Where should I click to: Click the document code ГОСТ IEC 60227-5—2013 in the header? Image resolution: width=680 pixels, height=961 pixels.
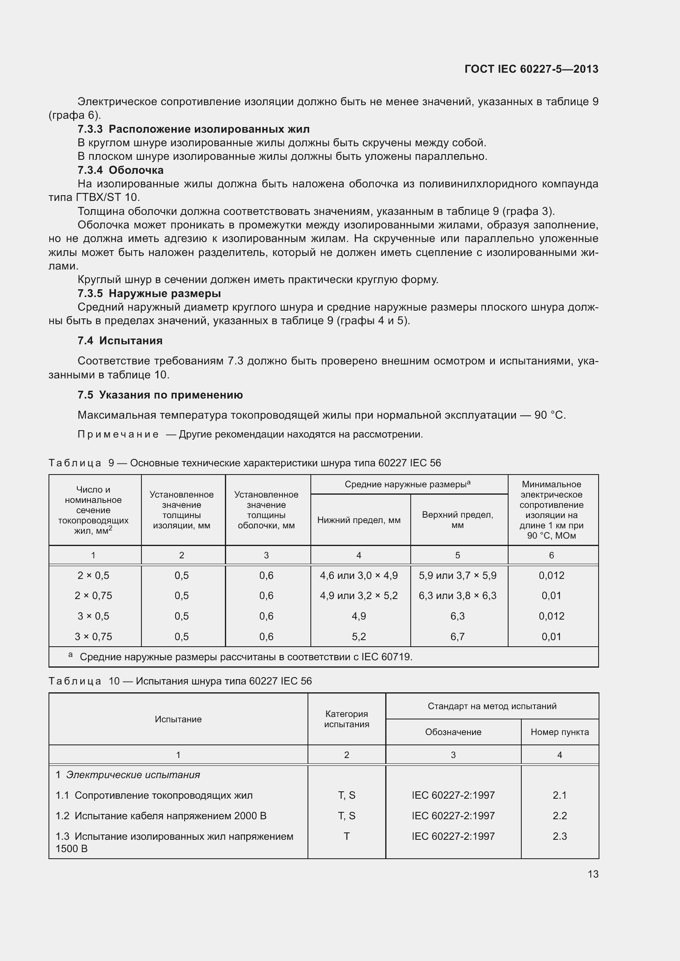tap(531, 69)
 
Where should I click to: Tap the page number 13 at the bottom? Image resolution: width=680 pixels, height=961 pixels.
tap(593, 874)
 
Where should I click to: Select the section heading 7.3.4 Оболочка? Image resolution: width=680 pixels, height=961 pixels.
tap(120, 170)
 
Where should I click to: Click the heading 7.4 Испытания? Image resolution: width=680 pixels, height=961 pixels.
tap(120, 341)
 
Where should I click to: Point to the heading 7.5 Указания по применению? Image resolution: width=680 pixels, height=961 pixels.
tap(160, 395)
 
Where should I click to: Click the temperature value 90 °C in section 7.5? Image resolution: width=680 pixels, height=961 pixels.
tap(549, 415)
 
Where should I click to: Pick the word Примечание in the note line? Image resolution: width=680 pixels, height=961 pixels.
tap(118, 434)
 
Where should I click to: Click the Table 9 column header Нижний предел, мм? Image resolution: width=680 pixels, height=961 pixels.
tap(359, 520)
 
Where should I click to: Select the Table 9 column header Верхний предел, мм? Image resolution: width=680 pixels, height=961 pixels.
tap(457, 520)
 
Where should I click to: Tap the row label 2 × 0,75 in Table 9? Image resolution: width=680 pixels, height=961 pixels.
tap(93, 596)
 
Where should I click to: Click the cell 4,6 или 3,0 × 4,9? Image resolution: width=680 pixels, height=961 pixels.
tap(359, 576)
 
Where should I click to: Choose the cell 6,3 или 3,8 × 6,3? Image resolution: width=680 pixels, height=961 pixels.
tap(457, 596)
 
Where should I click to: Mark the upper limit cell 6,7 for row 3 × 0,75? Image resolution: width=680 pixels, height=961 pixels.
tap(457, 636)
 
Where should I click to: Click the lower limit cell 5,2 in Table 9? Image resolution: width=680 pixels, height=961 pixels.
tap(359, 636)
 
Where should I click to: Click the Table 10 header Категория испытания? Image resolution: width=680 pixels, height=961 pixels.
tap(346, 719)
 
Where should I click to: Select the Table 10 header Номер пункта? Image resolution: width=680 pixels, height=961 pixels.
tap(560, 732)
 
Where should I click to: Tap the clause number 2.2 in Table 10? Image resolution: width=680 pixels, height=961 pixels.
tap(560, 816)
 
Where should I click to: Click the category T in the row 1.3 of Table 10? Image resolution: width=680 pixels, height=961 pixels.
tap(346, 836)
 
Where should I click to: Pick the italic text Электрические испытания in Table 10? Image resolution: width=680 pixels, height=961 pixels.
tap(133, 775)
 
